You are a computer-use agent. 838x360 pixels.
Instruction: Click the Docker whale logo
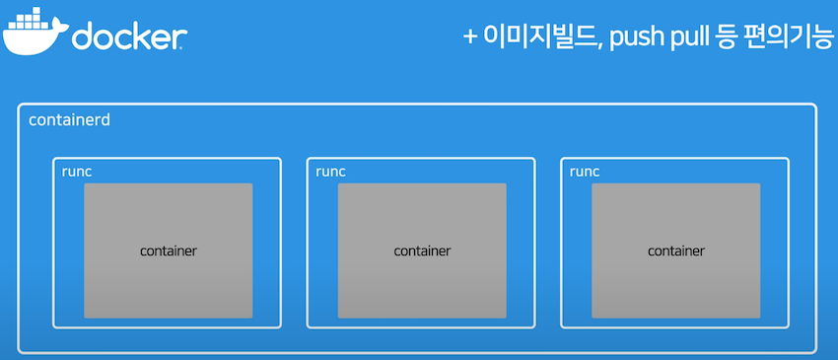click(34, 34)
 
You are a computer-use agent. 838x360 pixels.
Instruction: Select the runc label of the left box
click(77, 171)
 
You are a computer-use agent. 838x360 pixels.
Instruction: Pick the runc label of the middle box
click(331, 171)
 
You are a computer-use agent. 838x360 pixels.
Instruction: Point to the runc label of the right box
click(585, 171)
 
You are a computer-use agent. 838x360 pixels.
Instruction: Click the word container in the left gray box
click(169, 251)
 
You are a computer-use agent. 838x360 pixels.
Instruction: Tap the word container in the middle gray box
click(422, 251)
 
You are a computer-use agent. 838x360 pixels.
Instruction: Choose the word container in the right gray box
click(676, 251)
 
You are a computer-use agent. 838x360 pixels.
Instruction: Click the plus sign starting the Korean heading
click(471, 37)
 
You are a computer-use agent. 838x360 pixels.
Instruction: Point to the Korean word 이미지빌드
click(538, 37)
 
